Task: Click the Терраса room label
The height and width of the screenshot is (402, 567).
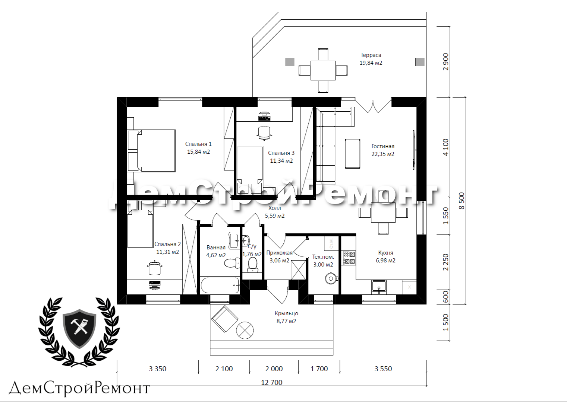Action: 371,55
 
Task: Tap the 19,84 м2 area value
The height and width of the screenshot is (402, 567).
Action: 371,63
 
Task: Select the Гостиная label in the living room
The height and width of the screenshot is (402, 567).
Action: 383,146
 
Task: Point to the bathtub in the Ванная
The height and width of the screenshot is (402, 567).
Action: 220,286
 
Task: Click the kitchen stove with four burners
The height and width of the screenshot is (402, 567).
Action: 349,258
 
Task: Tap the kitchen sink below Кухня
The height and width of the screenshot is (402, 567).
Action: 379,287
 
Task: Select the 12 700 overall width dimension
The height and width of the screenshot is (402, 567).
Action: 272,383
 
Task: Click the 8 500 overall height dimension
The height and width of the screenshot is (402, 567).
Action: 462,201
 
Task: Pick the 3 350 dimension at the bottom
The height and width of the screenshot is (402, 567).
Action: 157,369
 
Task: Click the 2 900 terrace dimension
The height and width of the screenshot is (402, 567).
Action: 446,62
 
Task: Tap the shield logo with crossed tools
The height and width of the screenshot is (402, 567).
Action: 79,329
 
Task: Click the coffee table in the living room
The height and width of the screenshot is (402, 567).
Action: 352,154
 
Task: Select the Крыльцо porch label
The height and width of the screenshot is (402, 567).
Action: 286,313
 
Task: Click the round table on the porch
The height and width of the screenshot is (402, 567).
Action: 245,330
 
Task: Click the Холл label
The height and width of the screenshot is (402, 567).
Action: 275,208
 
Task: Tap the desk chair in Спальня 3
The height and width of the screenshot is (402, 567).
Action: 264,133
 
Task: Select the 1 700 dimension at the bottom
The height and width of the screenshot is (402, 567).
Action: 319,369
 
